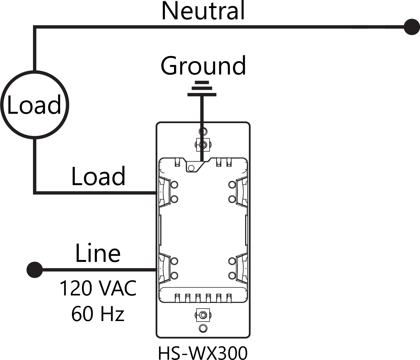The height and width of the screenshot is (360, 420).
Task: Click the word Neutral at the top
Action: [x=203, y=11]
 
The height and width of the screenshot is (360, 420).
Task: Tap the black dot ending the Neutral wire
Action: [x=411, y=27]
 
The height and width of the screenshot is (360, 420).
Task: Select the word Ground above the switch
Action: [x=203, y=66]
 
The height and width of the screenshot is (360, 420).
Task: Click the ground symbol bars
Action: [x=202, y=88]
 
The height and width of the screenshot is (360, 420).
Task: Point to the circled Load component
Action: [x=34, y=105]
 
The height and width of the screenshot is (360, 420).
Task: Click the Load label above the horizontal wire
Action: [x=98, y=176]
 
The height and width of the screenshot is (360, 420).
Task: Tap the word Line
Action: [x=98, y=253]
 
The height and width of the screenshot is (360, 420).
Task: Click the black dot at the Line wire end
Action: [x=35, y=270]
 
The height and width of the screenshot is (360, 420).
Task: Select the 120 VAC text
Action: [x=98, y=288]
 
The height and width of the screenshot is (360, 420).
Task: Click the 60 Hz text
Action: [x=98, y=314]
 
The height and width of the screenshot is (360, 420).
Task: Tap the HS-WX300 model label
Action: [x=203, y=353]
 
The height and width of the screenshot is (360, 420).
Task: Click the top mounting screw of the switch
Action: [x=203, y=145]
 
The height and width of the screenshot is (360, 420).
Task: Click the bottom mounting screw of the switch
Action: [x=203, y=315]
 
